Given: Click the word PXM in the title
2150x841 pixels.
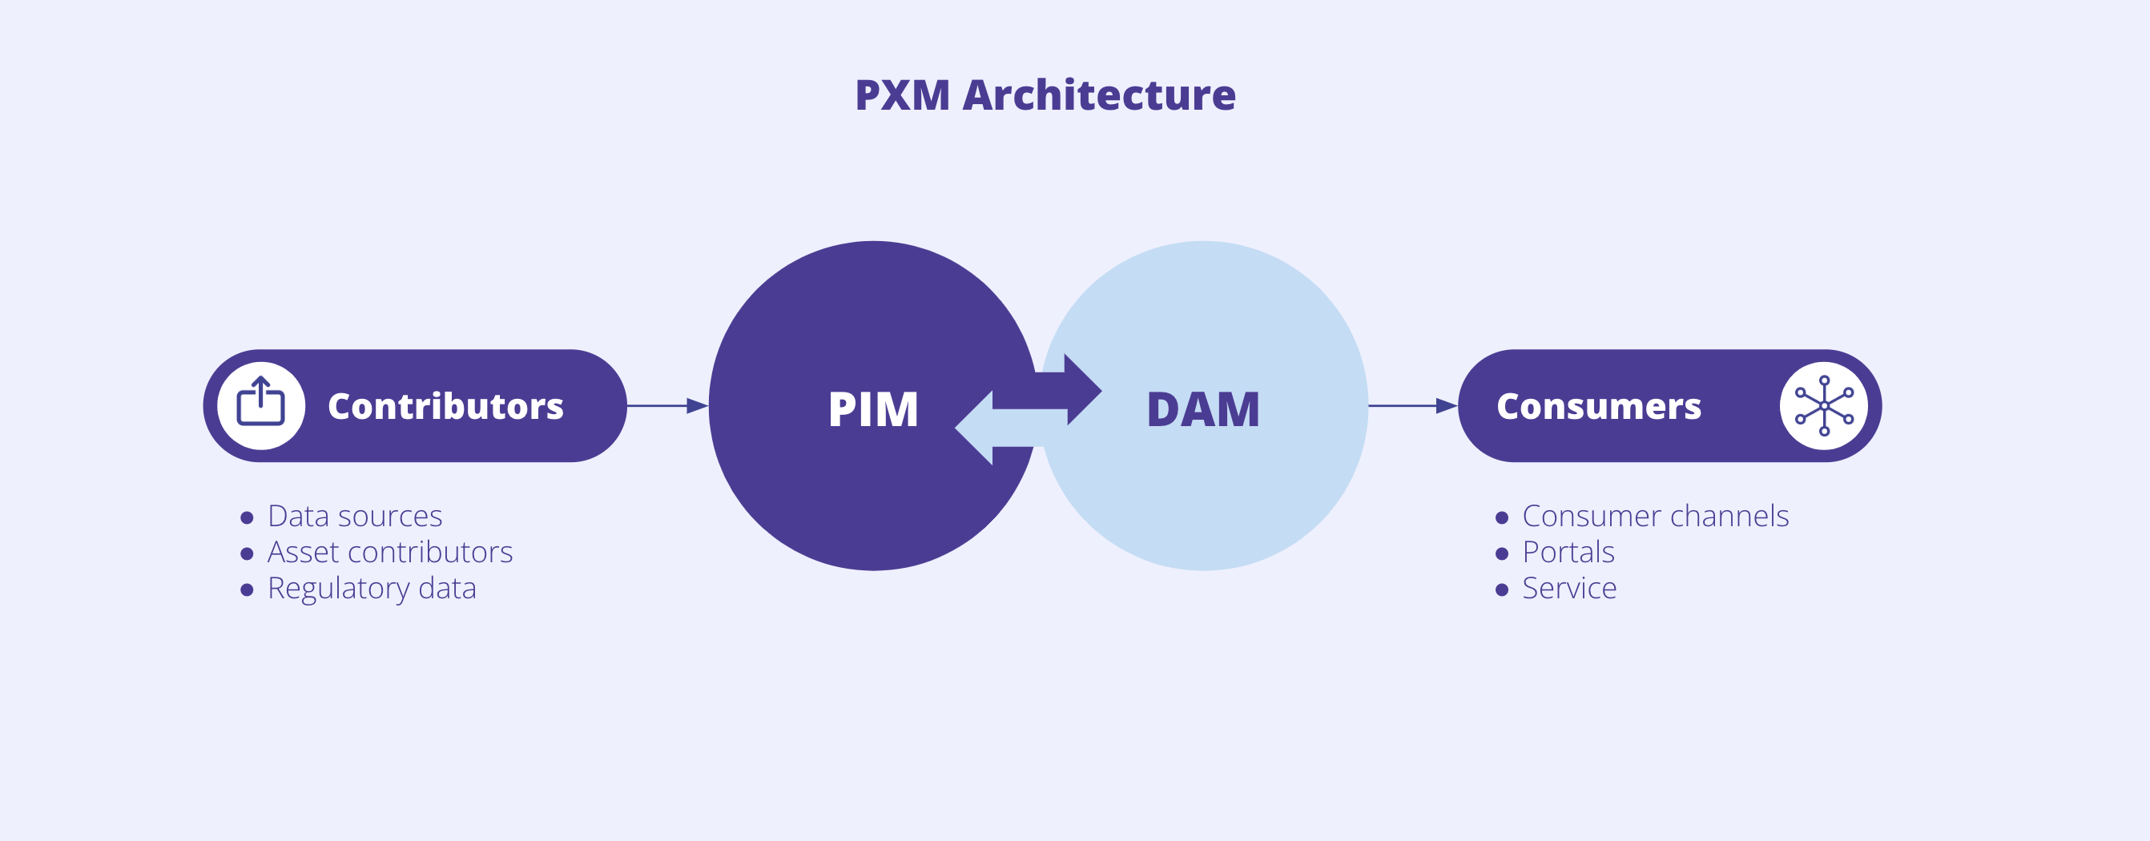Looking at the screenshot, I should (902, 95).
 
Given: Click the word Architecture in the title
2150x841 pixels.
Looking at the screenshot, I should (1098, 95).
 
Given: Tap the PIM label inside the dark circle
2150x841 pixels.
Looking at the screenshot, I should (873, 409).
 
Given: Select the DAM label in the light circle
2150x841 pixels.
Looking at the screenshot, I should (1202, 409).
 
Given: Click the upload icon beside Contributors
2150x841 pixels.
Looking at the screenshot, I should (261, 405).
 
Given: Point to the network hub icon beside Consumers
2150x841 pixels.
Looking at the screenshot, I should (1824, 405).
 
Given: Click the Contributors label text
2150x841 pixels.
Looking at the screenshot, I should (445, 406).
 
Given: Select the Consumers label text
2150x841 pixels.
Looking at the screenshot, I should (1598, 406).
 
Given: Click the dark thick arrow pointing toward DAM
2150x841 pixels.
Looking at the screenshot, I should (1073, 389).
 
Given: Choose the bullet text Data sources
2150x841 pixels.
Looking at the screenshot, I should (355, 517).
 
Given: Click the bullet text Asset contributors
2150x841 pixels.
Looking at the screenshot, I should (390, 553).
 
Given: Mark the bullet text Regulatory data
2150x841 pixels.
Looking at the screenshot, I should (372, 589).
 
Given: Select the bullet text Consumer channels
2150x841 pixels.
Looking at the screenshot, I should (1655, 517).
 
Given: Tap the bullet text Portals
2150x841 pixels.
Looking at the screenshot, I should (1568, 553).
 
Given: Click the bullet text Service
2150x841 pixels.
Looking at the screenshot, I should (1569, 589).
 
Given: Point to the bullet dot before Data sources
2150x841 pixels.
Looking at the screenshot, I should (246, 518).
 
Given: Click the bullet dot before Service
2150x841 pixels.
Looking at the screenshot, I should (1501, 590).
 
